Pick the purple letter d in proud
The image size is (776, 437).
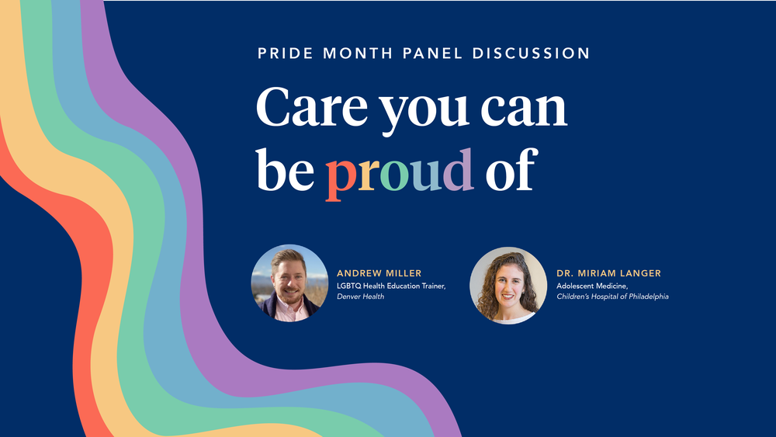[458, 169]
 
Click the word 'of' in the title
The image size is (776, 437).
[510, 169]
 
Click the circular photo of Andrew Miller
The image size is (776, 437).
[289, 283]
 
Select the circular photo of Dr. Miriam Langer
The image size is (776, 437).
[508, 285]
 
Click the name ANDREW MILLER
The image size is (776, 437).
[379, 273]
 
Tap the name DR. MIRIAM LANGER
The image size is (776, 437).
[608, 273]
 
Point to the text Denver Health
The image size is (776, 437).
[360, 297]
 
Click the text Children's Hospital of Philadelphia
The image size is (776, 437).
[612, 297]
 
